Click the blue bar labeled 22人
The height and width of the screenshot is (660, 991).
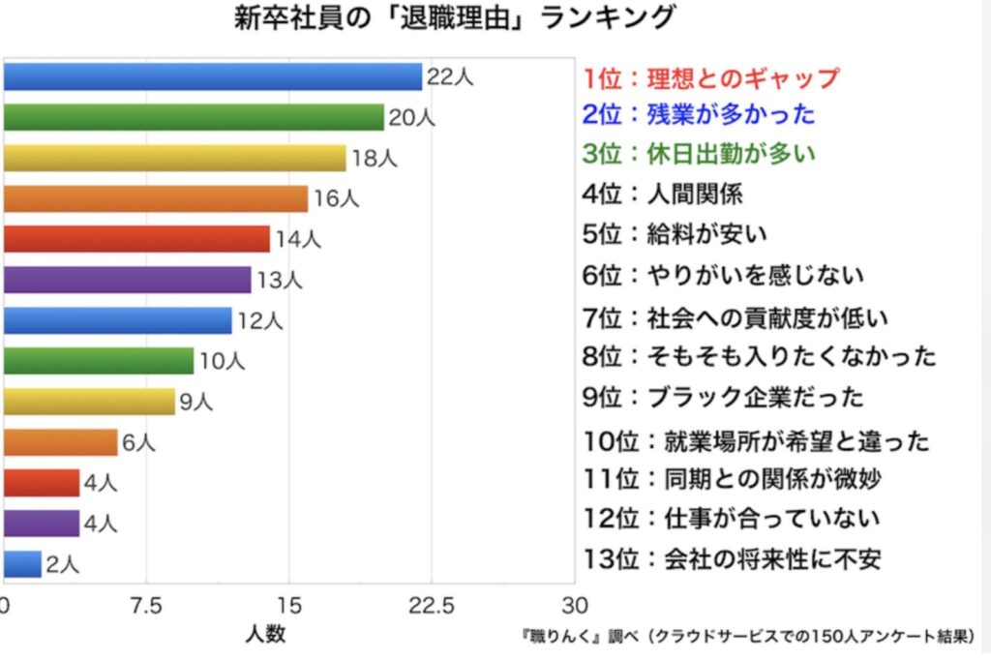213,76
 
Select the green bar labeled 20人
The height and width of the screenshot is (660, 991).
194,117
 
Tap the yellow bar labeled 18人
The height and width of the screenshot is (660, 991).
174,158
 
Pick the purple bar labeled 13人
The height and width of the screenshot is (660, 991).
127,280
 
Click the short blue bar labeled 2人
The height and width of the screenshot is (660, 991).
22,563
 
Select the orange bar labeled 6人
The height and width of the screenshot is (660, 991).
60,442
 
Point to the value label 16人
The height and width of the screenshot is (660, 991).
337,199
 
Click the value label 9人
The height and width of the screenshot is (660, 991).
195,402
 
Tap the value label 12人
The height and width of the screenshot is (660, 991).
258,320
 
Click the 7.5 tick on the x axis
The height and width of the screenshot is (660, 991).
146,606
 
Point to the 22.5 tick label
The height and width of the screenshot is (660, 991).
431,606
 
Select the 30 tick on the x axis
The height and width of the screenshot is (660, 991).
575,606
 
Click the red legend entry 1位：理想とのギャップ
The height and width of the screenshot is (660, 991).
711,77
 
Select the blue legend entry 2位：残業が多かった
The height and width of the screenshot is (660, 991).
699,114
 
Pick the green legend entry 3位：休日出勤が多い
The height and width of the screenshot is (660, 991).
700,153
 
